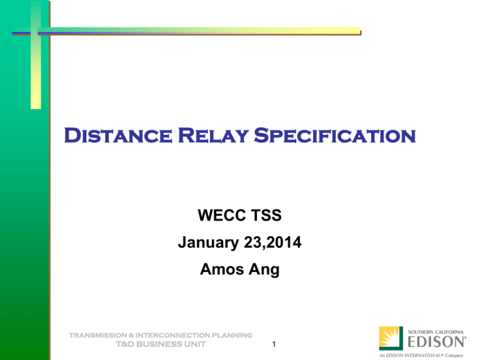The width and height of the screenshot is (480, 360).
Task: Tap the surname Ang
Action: [x=262, y=271]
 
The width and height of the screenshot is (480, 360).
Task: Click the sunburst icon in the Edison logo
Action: [x=391, y=338]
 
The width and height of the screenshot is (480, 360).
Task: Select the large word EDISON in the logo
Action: [x=437, y=341]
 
